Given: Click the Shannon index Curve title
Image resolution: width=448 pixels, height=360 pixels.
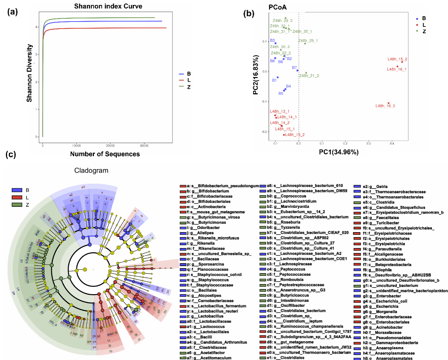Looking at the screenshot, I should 108,6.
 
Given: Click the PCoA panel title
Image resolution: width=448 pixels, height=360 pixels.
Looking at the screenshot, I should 277,7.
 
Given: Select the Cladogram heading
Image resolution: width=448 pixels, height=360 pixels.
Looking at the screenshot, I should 91,170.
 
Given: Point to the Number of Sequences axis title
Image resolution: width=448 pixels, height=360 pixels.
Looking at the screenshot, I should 105,154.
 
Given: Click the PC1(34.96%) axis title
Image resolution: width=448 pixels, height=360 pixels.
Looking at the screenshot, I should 338,152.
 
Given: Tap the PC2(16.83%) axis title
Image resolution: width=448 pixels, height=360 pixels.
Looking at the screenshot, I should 256,75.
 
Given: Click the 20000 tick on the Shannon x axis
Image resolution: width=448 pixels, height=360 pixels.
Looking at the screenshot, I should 110,146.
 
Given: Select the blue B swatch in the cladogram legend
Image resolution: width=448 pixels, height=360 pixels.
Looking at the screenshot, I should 17,190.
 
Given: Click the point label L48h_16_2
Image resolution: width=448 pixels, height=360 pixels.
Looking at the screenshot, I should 385,106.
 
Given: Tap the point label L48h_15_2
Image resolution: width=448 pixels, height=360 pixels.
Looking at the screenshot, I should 397,59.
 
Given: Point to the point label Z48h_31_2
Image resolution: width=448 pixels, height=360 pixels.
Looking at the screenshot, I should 309,76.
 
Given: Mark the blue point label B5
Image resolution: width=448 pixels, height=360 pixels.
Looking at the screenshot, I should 281,94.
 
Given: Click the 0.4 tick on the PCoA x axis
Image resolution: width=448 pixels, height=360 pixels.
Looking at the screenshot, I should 392,143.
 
